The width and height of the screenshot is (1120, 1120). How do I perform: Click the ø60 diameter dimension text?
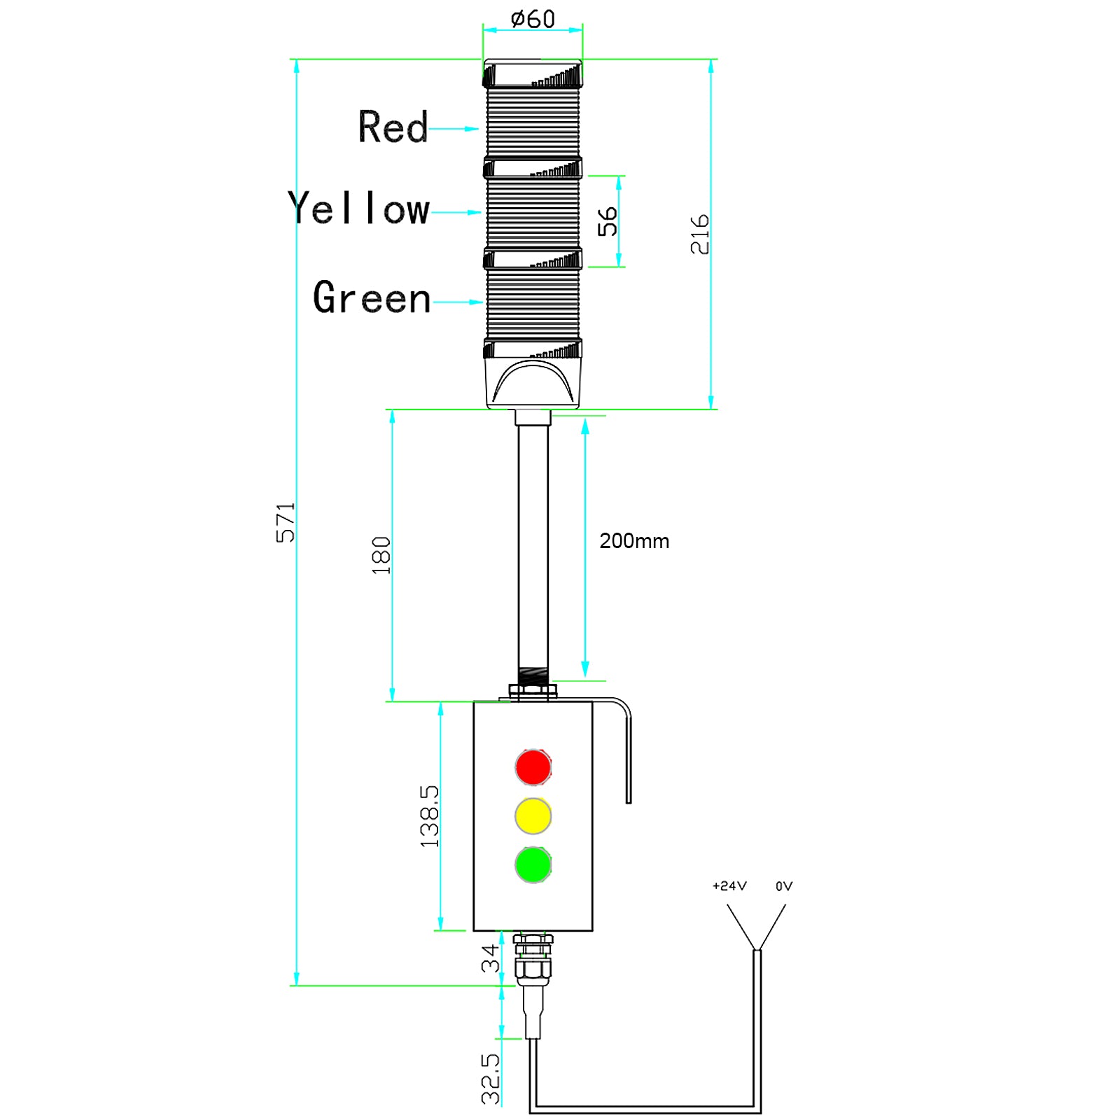coord(533,19)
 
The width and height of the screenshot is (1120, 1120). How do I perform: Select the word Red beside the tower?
coord(393,127)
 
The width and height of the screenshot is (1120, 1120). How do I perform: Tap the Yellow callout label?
coord(358,209)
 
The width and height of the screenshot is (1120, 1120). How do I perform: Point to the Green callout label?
coord(372,298)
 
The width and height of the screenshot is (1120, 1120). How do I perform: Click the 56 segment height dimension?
coord(608,221)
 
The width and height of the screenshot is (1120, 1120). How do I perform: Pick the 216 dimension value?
coord(699,234)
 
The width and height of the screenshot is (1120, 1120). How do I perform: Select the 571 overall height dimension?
coord(285,522)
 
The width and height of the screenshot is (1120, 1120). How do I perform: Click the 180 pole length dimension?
coord(381,556)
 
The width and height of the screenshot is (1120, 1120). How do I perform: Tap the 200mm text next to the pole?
coord(634,541)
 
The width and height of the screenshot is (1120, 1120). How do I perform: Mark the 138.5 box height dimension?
coord(429,816)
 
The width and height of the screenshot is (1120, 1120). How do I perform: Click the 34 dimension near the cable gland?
coord(490,958)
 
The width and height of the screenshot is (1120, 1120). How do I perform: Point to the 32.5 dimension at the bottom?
coord(491,1079)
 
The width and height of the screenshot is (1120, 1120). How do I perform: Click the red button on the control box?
coord(533,767)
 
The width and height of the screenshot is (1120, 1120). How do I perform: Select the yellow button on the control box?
coord(533,816)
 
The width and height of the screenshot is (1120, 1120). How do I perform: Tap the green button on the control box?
coord(533,865)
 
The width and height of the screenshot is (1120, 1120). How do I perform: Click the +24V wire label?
coord(729,886)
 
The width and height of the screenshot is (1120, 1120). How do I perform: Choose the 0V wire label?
coord(784,886)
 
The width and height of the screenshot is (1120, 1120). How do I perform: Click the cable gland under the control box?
coord(533,959)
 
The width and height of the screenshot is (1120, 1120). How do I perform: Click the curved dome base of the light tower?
coord(533,384)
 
